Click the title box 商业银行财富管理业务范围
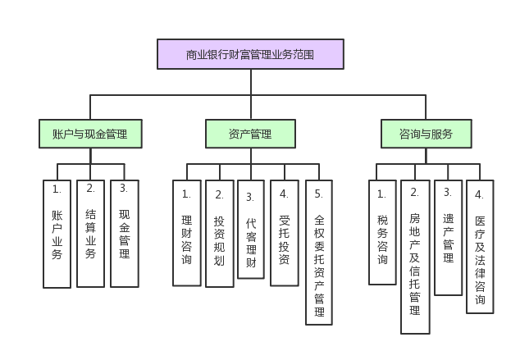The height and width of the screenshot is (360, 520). [x=250, y=54]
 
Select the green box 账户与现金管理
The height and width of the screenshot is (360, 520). [x=90, y=134]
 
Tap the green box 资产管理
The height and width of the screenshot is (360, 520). [x=250, y=134]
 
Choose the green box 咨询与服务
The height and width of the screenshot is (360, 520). [x=426, y=134]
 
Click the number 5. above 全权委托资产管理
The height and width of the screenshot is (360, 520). [x=319, y=195]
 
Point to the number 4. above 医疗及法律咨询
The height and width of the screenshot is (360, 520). [x=480, y=195]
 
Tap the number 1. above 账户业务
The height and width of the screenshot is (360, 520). [x=57, y=189]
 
